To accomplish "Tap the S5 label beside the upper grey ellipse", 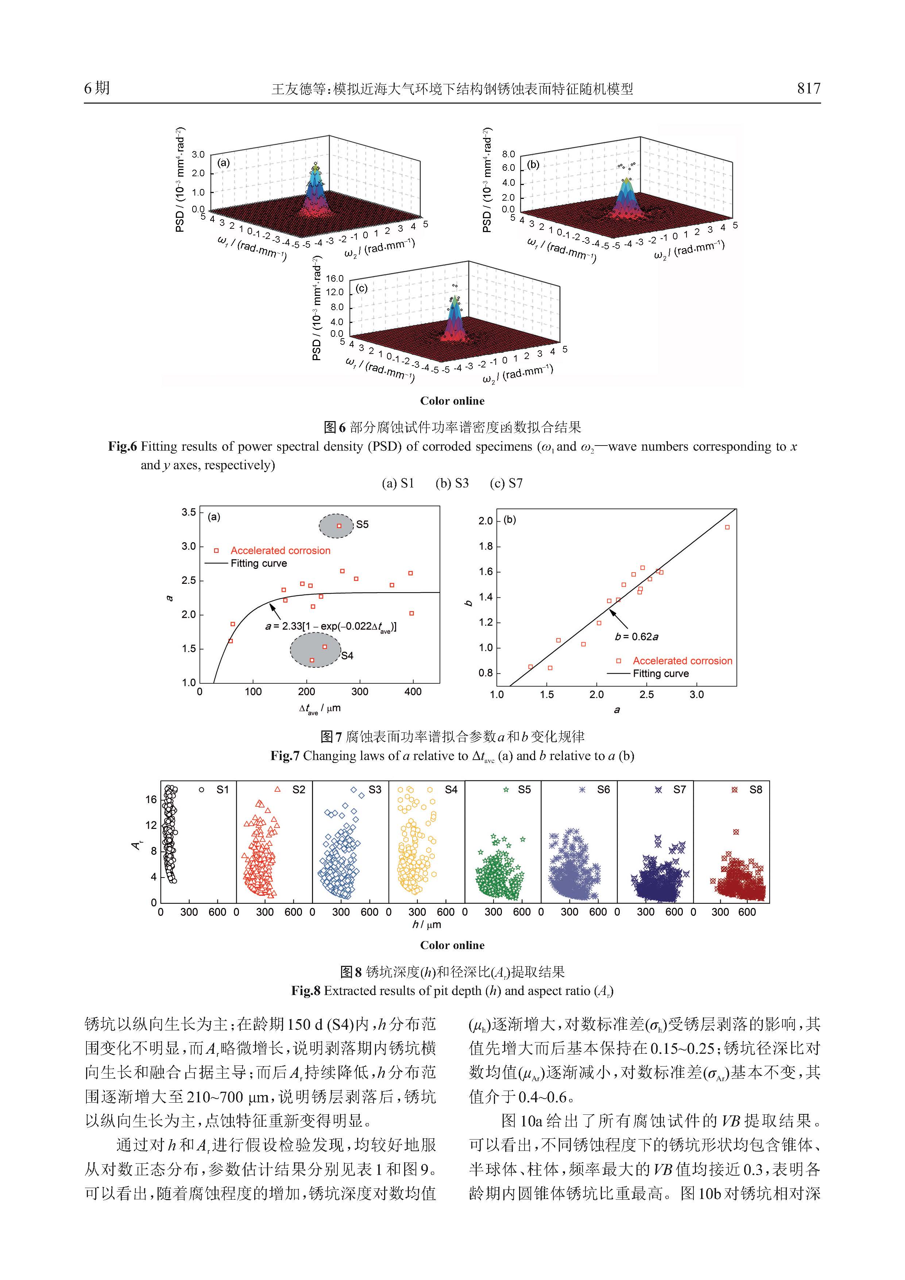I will [362, 525].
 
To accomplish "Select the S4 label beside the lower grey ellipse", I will [347, 656].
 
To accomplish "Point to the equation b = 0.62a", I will [637, 637].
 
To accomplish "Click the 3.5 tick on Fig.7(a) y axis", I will [189, 512].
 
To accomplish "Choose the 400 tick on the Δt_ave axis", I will [413, 692].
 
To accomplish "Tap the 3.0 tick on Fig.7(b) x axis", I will [697, 695].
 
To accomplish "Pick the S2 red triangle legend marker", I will [278, 789].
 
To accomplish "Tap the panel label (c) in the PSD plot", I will [361, 288].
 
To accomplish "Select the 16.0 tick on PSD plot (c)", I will [334, 278].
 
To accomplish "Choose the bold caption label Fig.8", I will [306, 991].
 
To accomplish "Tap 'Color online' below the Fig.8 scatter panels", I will [452, 945].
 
